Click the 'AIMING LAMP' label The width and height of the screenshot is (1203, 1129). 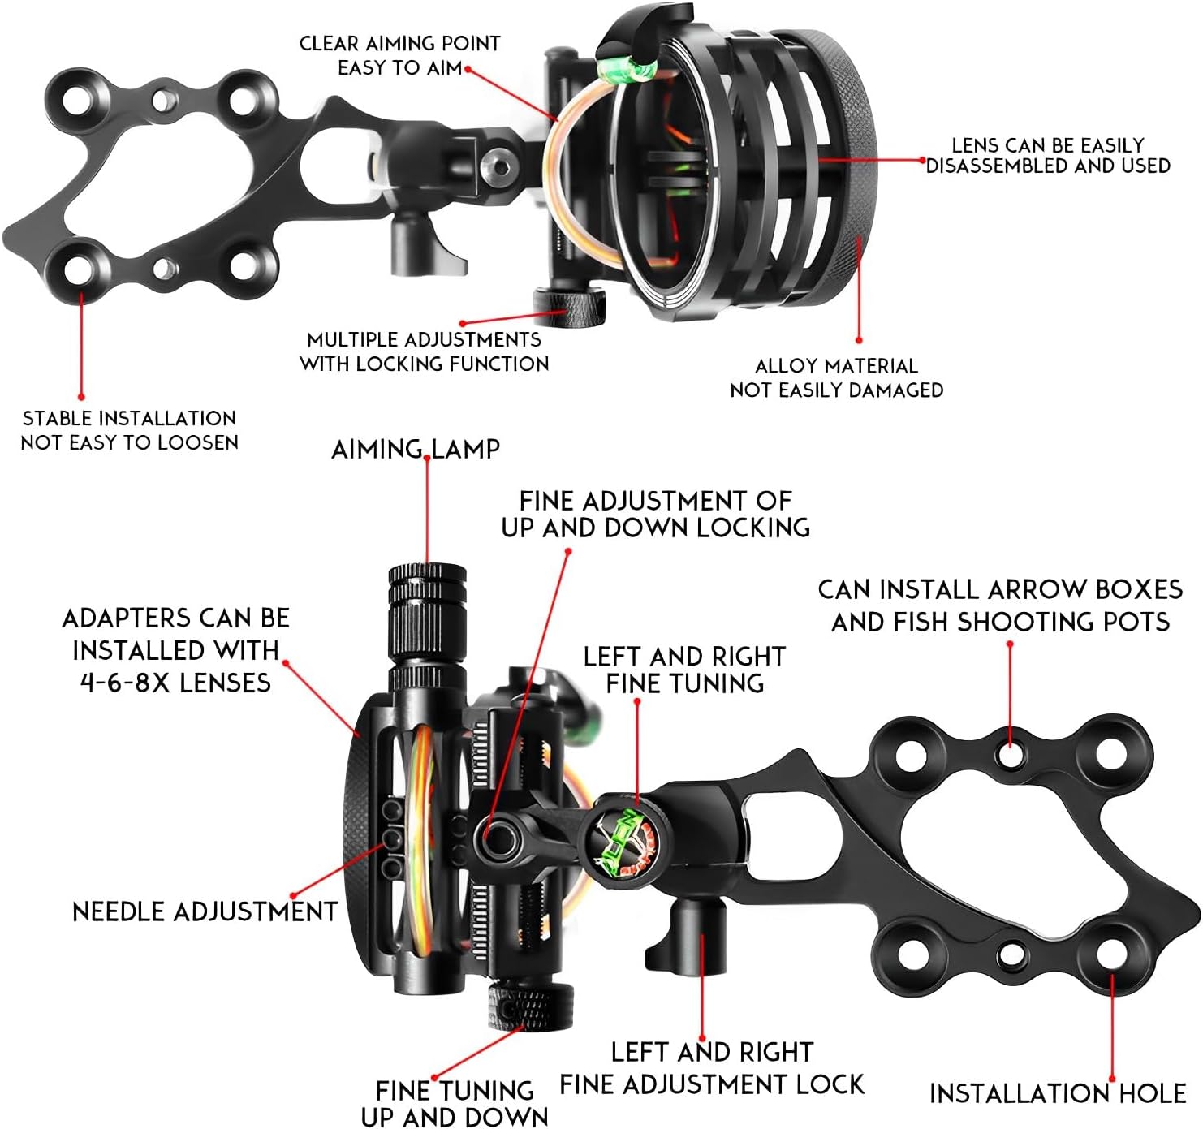click(x=415, y=449)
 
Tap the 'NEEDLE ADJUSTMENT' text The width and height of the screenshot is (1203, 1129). click(x=205, y=911)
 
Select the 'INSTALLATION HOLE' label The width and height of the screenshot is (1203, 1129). click(x=1057, y=1093)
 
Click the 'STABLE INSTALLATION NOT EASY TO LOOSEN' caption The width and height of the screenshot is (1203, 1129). click(x=129, y=430)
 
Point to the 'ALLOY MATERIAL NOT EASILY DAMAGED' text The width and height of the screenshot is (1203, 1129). click(x=836, y=378)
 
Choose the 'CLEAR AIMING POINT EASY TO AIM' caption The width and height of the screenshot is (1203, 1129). click(x=399, y=55)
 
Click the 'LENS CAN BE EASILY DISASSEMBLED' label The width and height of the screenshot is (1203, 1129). click(x=1047, y=155)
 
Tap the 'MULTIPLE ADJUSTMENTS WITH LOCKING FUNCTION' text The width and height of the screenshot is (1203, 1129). click(x=424, y=351)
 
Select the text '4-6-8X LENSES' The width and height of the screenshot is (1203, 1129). click(x=175, y=683)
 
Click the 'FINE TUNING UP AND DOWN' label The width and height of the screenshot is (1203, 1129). click(x=455, y=1102)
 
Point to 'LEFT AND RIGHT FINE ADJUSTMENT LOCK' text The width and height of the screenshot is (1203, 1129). click(x=712, y=1068)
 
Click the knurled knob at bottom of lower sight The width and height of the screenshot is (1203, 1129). click(x=530, y=1006)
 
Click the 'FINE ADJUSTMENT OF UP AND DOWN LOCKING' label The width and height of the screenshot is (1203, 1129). click(x=655, y=514)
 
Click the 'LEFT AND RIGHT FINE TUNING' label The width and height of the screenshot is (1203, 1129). click(x=684, y=670)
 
